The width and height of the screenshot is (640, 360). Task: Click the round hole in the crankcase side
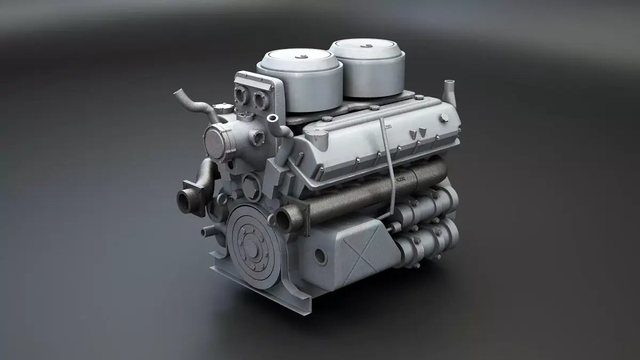point(320,256)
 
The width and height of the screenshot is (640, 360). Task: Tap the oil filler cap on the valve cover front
point(318,140)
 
